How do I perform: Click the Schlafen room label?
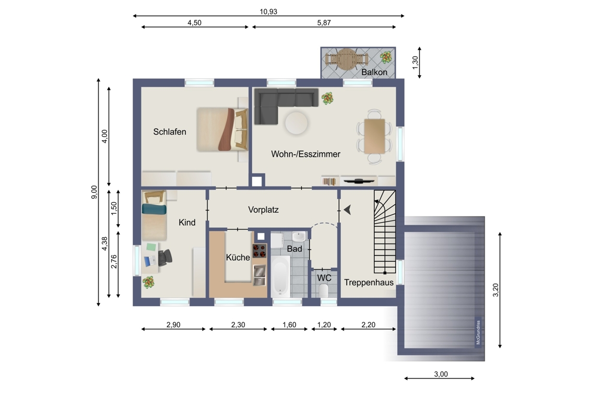click(170, 132)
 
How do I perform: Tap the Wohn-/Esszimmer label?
click(305, 154)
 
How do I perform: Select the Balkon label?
click(374, 72)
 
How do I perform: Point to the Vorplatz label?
click(263, 210)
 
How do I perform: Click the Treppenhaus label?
click(369, 282)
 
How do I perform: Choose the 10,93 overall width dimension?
click(268, 11)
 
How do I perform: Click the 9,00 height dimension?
click(94, 192)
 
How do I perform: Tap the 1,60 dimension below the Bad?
click(289, 325)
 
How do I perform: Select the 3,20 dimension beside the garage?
click(495, 290)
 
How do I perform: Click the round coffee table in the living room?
click(296, 123)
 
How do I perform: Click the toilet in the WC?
click(324, 291)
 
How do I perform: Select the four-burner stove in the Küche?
click(259, 251)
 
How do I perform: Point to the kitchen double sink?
click(259, 274)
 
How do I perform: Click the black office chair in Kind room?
click(165, 258)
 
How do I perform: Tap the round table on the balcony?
click(346, 59)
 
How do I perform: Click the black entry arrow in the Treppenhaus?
click(348, 210)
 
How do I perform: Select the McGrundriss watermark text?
click(478, 332)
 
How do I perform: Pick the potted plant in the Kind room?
click(148, 283)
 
